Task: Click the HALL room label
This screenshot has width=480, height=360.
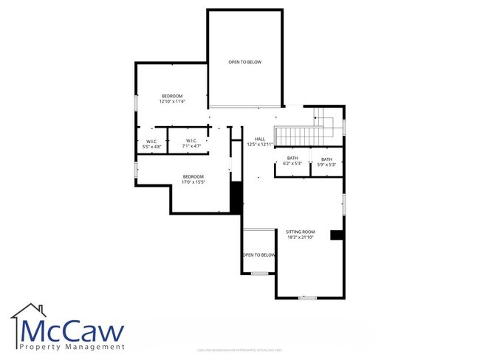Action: click(260, 139)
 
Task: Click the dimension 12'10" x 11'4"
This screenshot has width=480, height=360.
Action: click(172, 102)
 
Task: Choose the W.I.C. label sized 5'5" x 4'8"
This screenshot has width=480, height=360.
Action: click(151, 141)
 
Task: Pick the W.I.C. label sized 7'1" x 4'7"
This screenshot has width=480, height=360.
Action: click(191, 141)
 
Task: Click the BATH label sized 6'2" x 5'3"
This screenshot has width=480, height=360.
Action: click(292, 159)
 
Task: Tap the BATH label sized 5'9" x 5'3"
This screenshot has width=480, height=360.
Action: click(326, 159)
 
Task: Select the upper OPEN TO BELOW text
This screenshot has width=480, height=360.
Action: click(244, 62)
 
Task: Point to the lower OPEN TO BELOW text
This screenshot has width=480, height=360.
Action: click(258, 255)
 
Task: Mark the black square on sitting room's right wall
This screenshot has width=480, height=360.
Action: click(336, 235)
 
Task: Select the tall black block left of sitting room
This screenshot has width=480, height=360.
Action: click(236, 198)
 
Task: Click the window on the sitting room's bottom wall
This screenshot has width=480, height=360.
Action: click(307, 297)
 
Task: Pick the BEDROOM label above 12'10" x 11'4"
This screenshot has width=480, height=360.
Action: click(172, 96)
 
